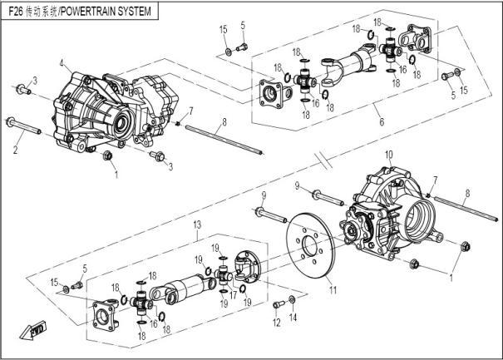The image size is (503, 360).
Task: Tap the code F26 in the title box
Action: pos(16,12)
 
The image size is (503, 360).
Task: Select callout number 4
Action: pos(62,63)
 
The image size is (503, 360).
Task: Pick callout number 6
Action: pos(380,122)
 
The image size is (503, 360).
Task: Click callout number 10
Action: pos(388,155)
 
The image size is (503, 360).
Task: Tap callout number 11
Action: pos(333,291)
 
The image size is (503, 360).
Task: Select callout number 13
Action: pos(197,225)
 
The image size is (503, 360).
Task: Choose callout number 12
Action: pos(276,323)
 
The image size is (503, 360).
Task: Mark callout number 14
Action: pos(293,318)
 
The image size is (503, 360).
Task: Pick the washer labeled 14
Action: pos(292,299)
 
